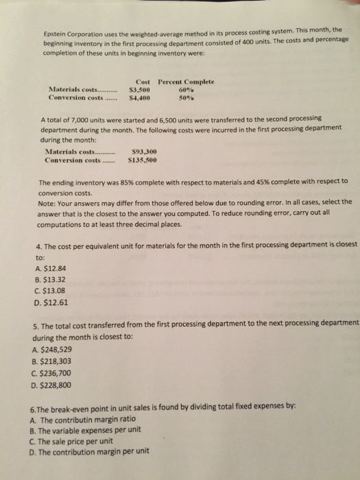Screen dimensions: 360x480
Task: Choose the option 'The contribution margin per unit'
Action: point(93,453)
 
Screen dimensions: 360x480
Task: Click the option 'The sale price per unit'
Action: point(79,441)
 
